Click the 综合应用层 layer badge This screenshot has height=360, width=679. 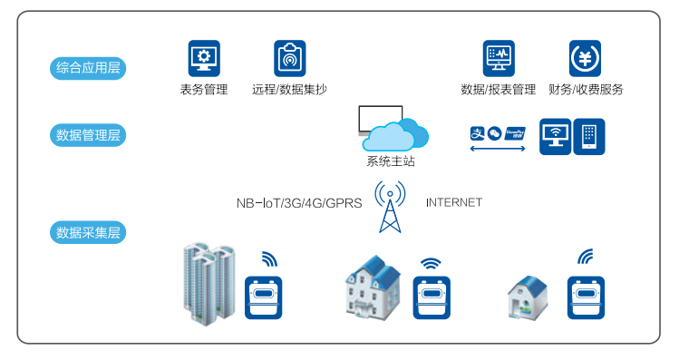coord(88,68)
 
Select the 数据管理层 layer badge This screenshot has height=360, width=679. coord(88,135)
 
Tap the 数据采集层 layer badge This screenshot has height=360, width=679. coord(88,233)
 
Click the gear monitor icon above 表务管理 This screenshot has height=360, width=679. coord(204,58)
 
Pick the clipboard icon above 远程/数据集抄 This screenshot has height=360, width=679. coord(290,58)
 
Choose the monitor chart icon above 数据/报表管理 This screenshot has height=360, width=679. coord(499,58)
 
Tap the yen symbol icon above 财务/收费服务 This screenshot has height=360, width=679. coord(585,58)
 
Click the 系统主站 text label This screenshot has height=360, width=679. coord(391,161)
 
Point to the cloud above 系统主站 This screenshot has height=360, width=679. coord(395,134)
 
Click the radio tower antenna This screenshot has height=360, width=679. coord(390,207)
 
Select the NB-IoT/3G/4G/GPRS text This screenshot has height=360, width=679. coord(299,203)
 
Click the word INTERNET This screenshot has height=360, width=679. coord(454,203)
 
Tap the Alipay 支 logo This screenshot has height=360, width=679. coord(477,133)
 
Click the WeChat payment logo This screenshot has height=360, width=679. coord(494,133)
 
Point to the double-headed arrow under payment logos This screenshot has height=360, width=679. coord(498,149)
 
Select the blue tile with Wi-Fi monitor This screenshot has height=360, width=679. coord(555,136)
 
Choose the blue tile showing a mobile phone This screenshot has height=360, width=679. coord(589,136)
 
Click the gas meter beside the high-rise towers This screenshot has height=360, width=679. coord(263,298)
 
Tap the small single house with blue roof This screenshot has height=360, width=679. coord(528,298)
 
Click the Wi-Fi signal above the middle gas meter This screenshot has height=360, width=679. coord(431,263)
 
